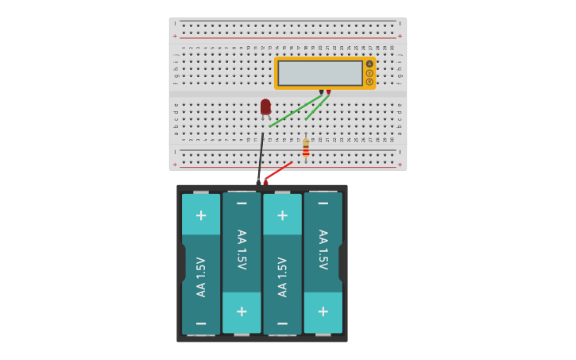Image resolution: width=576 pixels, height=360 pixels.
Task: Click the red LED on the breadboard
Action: (x=265, y=106)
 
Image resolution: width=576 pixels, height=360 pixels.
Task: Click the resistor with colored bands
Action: (x=306, y=149)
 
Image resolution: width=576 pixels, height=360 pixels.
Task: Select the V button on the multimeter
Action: (x=369, y=73)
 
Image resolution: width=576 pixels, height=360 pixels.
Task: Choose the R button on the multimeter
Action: (x=369, y=82)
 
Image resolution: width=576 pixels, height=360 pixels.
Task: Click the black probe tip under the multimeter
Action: (x=321, y=92)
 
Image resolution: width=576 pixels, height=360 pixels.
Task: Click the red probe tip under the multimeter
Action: (x=328, y=92)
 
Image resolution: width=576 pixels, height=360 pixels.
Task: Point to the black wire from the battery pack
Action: (x=261, y=155)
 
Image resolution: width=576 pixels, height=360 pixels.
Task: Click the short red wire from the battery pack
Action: (x=277, y=171)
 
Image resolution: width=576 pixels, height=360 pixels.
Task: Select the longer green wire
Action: (x=295, y=110)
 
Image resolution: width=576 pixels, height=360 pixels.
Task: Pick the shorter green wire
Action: (x=317, y=107)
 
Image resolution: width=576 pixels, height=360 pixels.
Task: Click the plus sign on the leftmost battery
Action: (x=201, y=215)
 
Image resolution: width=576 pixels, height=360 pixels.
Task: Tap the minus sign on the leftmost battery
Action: (x=201, y=323)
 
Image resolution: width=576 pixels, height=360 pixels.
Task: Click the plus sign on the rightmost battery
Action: (x=323, y=312)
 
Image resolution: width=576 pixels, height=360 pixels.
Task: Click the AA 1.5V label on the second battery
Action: (x=242, y=250)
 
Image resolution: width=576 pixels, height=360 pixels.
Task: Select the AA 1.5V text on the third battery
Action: (x=282, y=277)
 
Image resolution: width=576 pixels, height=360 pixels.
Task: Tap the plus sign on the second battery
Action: (x=242, y=312)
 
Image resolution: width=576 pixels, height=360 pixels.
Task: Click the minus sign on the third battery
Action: (x=282, y=323)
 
